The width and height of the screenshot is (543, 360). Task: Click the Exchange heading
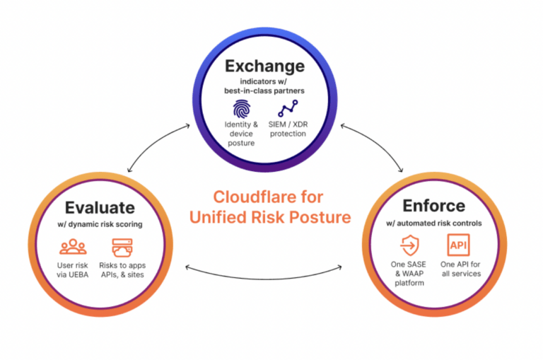264,66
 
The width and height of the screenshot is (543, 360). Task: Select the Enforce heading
433,206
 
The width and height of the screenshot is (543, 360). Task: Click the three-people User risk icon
73,247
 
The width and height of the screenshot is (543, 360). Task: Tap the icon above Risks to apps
121,247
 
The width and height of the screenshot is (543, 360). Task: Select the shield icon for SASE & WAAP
408,246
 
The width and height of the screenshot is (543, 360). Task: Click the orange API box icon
456,246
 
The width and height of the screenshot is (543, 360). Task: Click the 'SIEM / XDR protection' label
287,129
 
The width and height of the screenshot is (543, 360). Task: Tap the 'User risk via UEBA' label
73,269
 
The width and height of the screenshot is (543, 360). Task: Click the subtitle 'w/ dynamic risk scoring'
100,225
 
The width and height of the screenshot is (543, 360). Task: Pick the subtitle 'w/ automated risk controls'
433,223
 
